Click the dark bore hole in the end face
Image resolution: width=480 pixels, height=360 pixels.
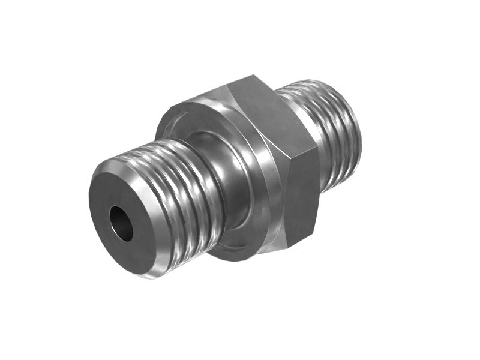point(121,224)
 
